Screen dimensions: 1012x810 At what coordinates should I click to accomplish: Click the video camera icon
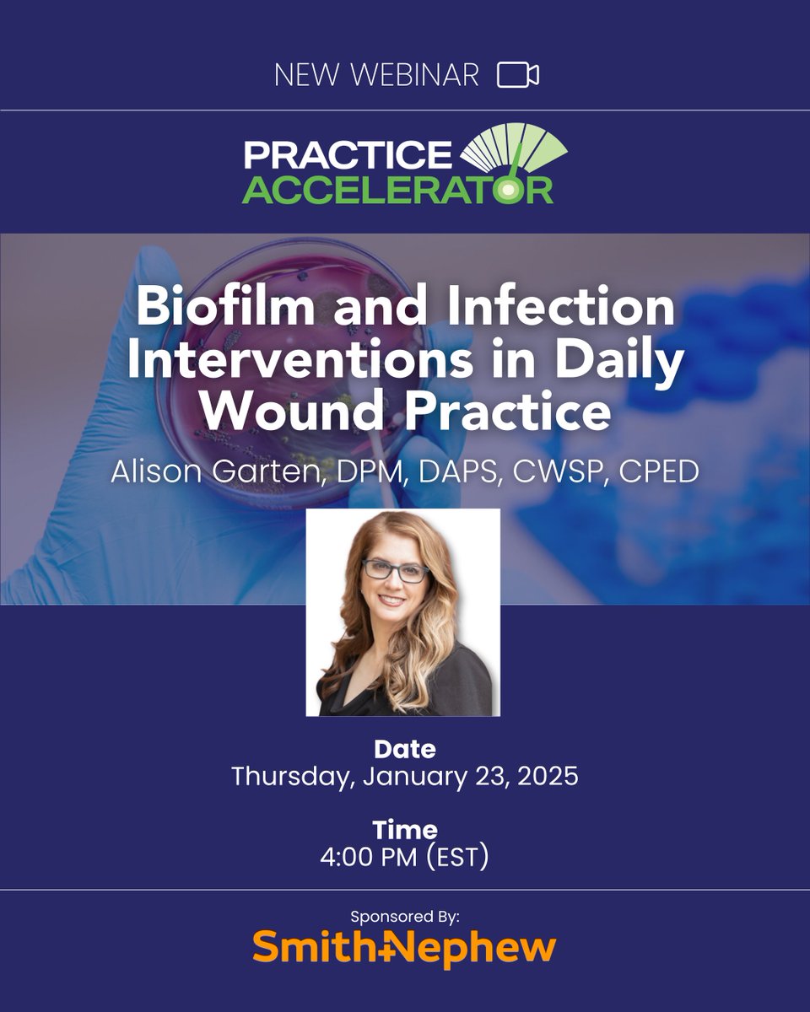coord(517,75)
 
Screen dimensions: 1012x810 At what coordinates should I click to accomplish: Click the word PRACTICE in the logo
coord(348,153)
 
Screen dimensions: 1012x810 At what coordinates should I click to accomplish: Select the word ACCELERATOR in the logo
coord(397,189)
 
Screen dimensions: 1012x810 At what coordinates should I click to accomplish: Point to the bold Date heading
coord(405,748)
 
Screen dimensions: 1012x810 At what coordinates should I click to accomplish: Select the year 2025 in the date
coord(542,775)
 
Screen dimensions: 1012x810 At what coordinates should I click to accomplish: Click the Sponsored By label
coord(405,916)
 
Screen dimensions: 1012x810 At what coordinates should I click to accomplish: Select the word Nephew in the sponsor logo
coord(482,948)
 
